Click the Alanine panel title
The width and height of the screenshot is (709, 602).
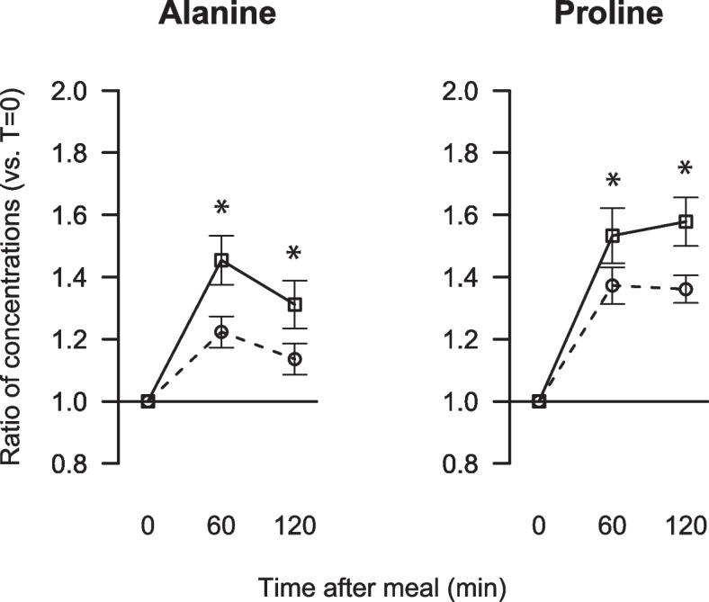[217, 14]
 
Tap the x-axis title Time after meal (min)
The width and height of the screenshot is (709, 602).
[381, 586]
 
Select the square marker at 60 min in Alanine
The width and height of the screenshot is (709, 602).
[221, 260]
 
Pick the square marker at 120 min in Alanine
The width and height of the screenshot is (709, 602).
[295, 305]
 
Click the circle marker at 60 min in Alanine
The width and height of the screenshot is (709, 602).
[221, 332]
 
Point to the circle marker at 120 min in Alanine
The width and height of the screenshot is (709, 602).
[295, 358]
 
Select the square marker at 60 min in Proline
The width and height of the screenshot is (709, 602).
[613, 236]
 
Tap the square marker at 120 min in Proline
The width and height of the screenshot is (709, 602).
[686, 221]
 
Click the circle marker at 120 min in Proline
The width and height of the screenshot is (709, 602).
[686, 289]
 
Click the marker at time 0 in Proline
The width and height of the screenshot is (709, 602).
[539, 401]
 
